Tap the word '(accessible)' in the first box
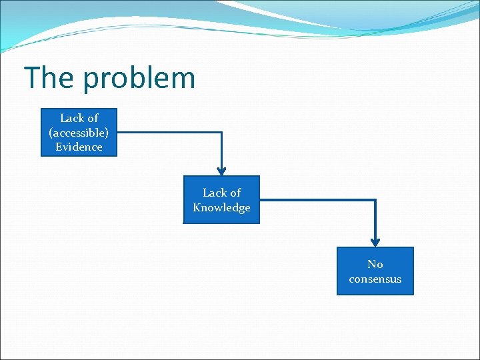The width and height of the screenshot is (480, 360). click(79, 133)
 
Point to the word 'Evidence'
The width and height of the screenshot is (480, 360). click(79, 147)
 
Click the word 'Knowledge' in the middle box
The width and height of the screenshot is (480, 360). click(221, 207)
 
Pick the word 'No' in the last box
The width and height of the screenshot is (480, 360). click(375, 264)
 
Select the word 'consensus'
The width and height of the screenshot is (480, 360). click(375, 279)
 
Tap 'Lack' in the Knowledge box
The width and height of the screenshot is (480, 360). click(214, 193)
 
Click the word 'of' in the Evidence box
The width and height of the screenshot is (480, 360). click(92, 118)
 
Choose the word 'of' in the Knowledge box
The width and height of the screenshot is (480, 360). click(235, 193)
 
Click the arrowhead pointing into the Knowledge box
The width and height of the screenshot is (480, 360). click(221, 171)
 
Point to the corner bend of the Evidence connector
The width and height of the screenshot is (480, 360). click(221, 132)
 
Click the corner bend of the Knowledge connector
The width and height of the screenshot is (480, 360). click(375, 199)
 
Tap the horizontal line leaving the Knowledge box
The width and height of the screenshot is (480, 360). click(317, 199)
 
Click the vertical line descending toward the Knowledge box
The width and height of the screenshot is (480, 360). click(221, 149)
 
